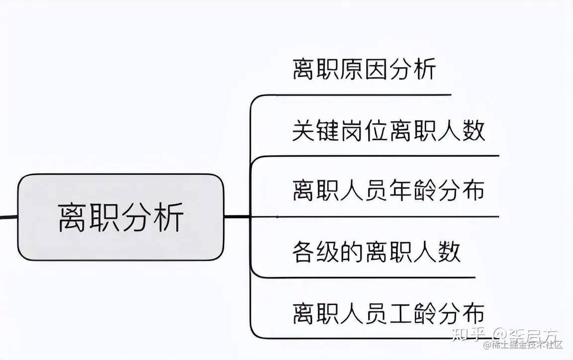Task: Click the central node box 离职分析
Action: click(121, 217)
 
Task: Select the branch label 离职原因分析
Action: click(364, 69)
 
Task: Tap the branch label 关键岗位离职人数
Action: click(388, 131)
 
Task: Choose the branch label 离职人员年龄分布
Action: click(388, 190)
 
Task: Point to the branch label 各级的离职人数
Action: click(377, 252)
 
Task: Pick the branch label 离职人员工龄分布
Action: click(388, 314)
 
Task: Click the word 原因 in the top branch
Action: click(364, 69)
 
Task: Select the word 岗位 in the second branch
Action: click(364, 131)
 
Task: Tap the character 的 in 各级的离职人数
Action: click(352, 252)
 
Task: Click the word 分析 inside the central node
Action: click(153, 217)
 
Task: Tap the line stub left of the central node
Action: click(8, 217)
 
